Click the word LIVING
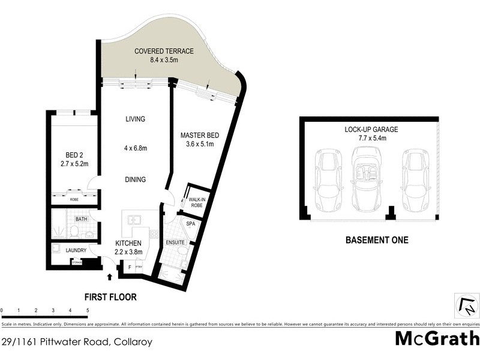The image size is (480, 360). click(x=135, y=119)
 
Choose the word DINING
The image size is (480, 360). click(x=135, y=179)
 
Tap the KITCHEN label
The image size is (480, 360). click(x=128, y=242)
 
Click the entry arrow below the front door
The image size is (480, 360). click(x=110, y=277)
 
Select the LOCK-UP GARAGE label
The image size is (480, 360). click(x=372, y=129)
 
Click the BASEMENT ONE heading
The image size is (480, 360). click(x=377, y=241)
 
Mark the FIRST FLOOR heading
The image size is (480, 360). click(x=110, y=296)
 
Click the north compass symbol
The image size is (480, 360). click(x=466, y=307)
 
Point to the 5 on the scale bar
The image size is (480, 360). click(x=88, y=310)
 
